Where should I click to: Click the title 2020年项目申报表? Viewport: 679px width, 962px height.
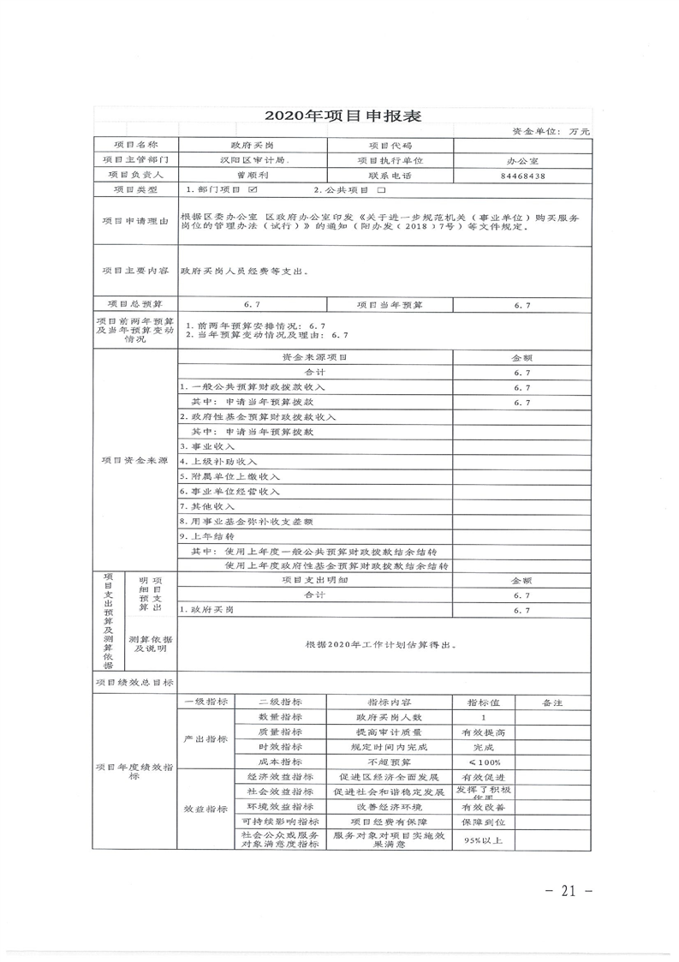(342, 117)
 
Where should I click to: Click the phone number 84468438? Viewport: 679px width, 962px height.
(522, 175)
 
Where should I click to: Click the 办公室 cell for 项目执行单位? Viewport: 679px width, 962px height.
(522, 160)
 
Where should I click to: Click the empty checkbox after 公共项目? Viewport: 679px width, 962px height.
(382, 189)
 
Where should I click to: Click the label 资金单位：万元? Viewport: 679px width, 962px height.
(551, 132)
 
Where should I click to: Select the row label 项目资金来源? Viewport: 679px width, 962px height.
(134, 460)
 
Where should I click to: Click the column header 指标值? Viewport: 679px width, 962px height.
(485, 702)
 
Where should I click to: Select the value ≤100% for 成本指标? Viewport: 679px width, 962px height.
(485, 762)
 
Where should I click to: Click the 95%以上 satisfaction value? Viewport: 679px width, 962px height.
(485, 840)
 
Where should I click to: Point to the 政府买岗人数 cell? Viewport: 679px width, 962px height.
(389, 717)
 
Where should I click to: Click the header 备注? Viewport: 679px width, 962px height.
(552, 702)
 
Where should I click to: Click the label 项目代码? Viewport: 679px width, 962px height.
(390, 146)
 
